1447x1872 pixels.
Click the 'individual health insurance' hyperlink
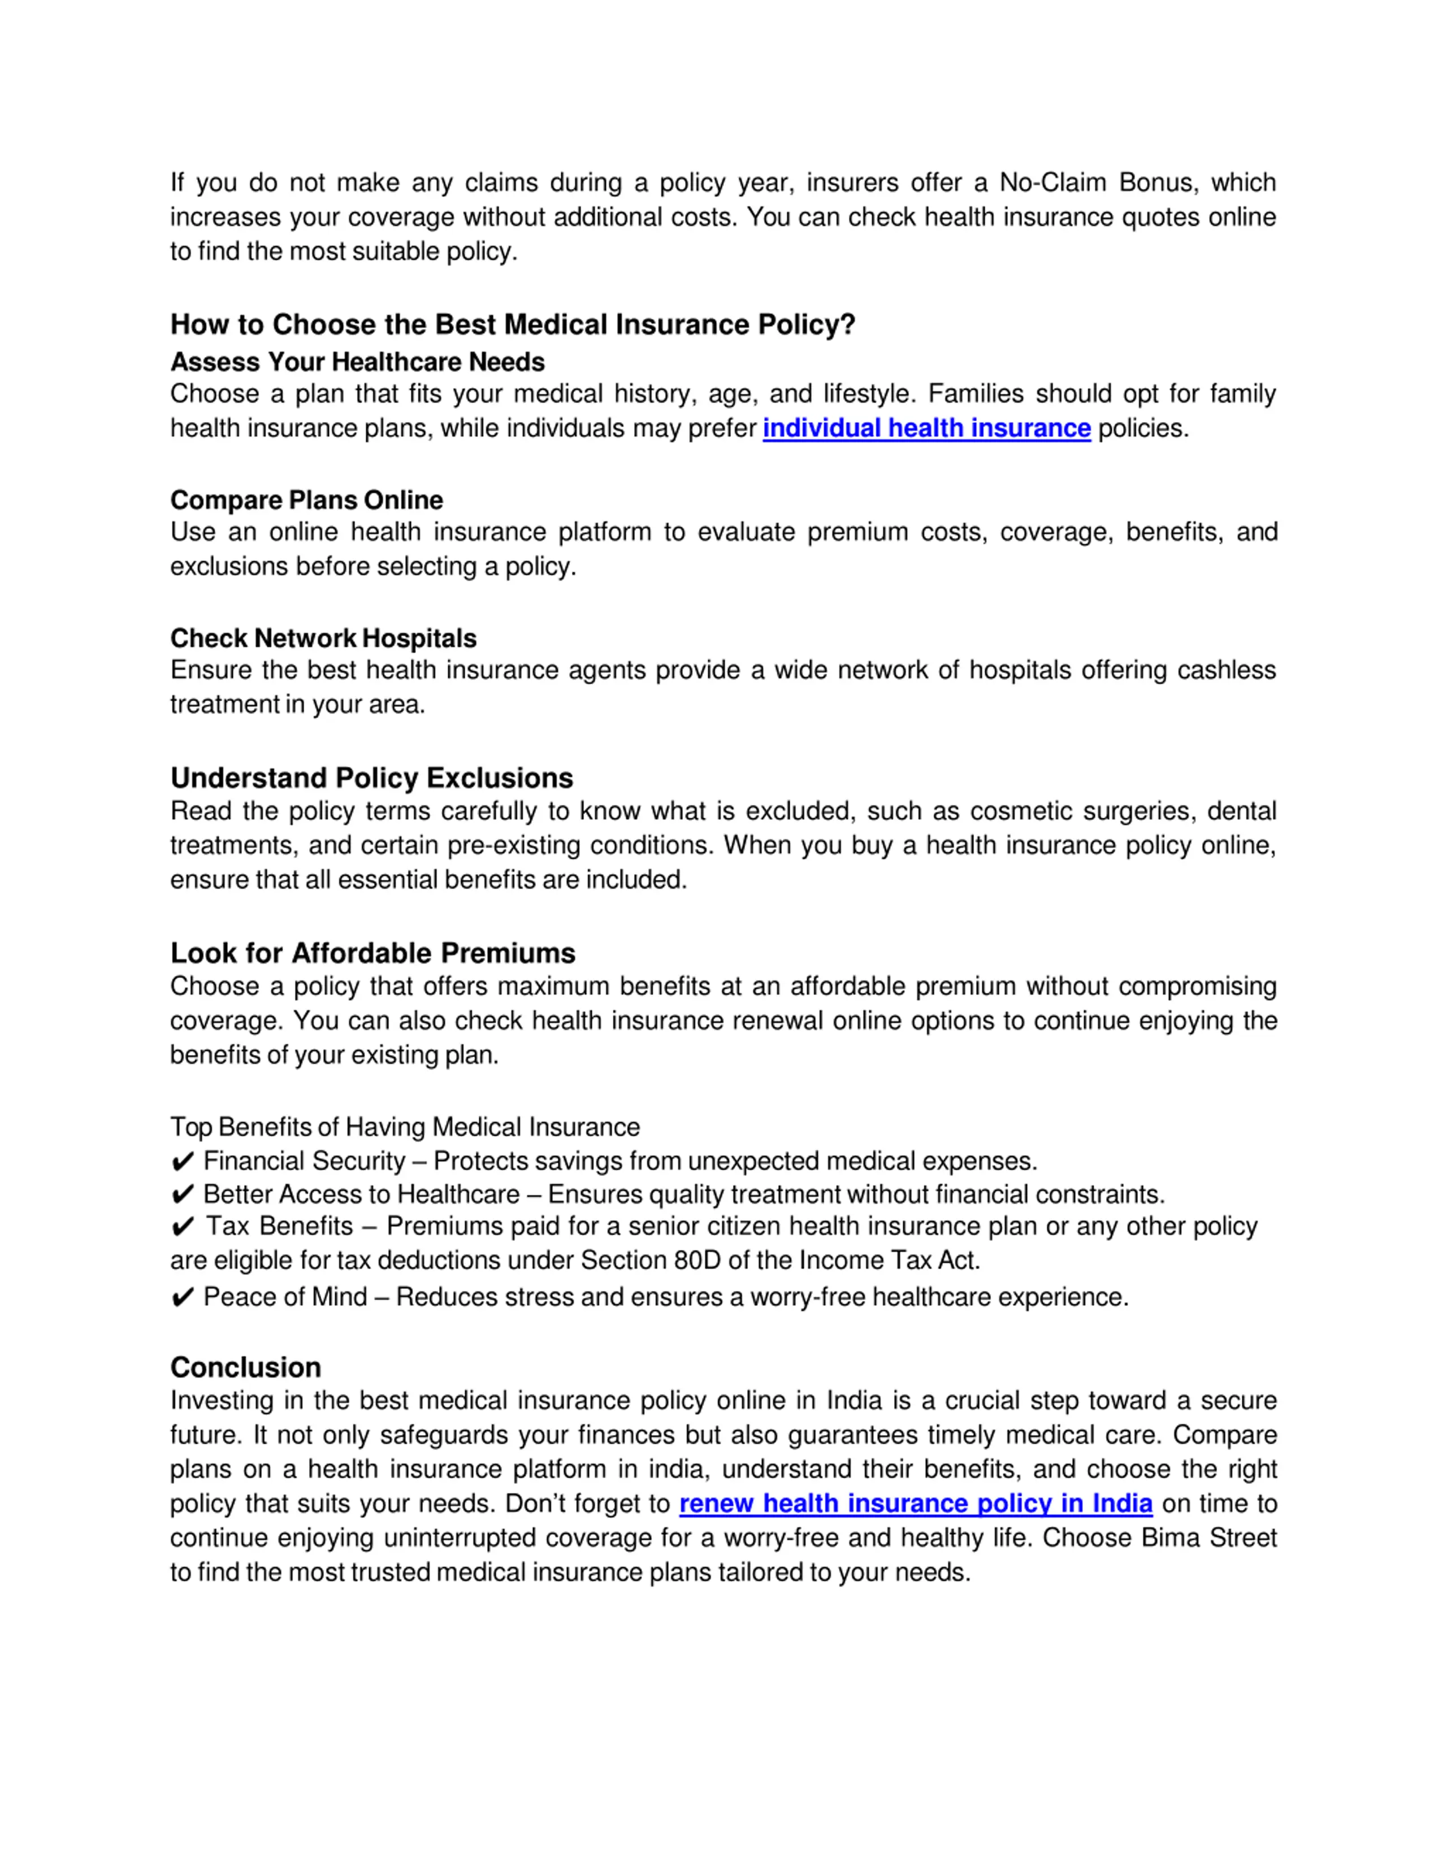pos(926,428)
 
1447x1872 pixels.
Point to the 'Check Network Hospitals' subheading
pos(323,638)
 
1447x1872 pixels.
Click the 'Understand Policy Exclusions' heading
pos(371,778)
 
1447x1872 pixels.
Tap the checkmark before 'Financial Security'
pos(183,1162)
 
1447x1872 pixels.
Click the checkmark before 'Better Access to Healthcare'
pos(183,1195)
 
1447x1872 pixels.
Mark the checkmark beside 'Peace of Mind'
pos(183,1298)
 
